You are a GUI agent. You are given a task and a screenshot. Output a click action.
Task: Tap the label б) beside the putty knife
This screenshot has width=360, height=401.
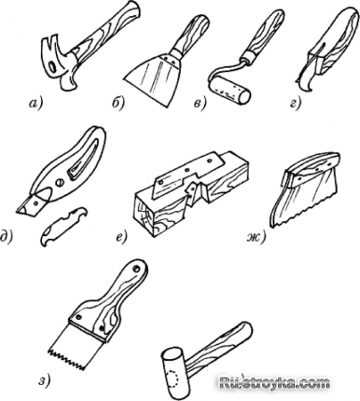point(118,103)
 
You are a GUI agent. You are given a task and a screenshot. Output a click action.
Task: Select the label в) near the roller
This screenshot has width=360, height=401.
point(200,104)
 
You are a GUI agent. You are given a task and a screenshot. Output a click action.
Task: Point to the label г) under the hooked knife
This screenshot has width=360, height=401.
point(296,103)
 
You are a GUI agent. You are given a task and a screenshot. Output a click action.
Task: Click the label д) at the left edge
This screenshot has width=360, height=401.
point(6,238)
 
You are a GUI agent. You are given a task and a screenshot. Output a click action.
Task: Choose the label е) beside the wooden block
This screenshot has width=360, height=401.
point(121,237)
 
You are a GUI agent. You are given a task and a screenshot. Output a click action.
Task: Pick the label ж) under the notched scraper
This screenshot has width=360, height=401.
point(256,237)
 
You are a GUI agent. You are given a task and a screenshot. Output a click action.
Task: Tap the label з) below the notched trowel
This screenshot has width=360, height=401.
point(45,381)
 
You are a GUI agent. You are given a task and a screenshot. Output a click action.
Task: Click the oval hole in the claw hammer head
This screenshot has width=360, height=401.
point(53,67)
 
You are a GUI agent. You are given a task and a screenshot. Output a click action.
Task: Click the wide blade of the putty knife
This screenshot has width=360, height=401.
point(151,78)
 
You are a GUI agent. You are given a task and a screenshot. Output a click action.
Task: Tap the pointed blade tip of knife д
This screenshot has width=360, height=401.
point(19,211)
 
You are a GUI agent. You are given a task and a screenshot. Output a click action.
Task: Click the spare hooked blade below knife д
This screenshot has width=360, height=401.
point(63,226)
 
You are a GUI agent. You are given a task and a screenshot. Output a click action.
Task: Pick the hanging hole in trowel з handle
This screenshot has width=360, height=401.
point(137,269)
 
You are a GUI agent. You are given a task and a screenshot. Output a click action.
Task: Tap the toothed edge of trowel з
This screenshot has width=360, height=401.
point(69,357)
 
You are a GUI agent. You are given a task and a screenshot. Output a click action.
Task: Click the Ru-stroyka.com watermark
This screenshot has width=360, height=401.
point(274,382)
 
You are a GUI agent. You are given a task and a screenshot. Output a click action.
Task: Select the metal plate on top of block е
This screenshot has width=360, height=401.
point(189,176)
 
